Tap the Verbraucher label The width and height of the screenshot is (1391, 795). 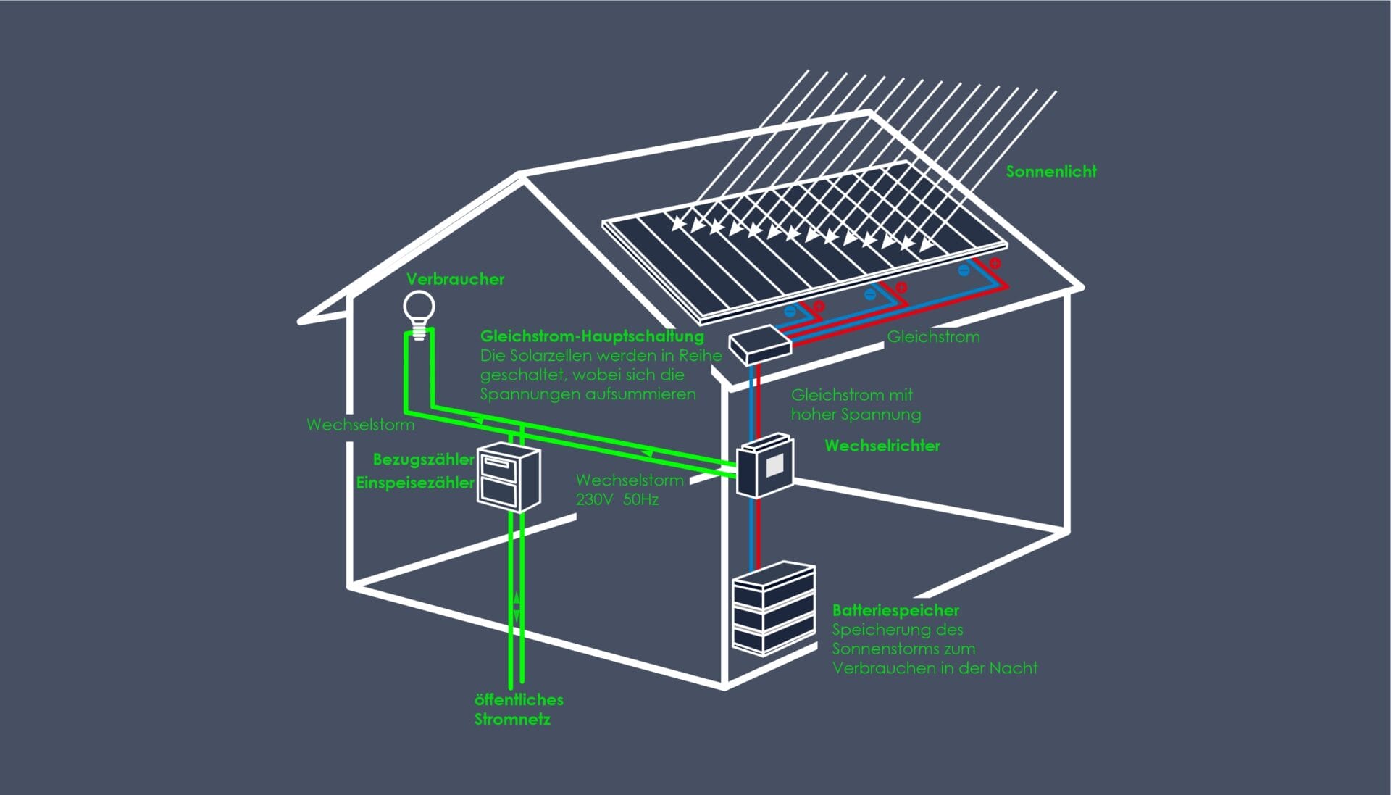(455, 279)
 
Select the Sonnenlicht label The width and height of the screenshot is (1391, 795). (1050, 172)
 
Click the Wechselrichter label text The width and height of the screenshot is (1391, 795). (882, 446)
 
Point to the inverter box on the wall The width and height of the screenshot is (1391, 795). (764, 466)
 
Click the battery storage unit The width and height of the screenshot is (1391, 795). (773, 609)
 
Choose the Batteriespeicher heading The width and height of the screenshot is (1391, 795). (895, 610)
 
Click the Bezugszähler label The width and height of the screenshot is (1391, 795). (423, 459)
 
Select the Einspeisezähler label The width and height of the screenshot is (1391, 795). (414, 483)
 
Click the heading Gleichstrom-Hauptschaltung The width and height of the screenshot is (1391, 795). (592, 336)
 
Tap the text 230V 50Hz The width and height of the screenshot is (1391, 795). (617, 499)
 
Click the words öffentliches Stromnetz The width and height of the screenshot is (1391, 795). (518, 709)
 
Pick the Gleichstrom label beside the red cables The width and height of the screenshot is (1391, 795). (933, 336)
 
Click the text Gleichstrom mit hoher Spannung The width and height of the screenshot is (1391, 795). (856, 404)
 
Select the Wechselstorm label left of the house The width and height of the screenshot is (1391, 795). (360, 425)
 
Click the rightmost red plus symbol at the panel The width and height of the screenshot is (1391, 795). (995, 262)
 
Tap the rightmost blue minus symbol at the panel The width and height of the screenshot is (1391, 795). (964, 270)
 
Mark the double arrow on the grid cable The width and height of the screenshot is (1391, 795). (517, 604)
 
